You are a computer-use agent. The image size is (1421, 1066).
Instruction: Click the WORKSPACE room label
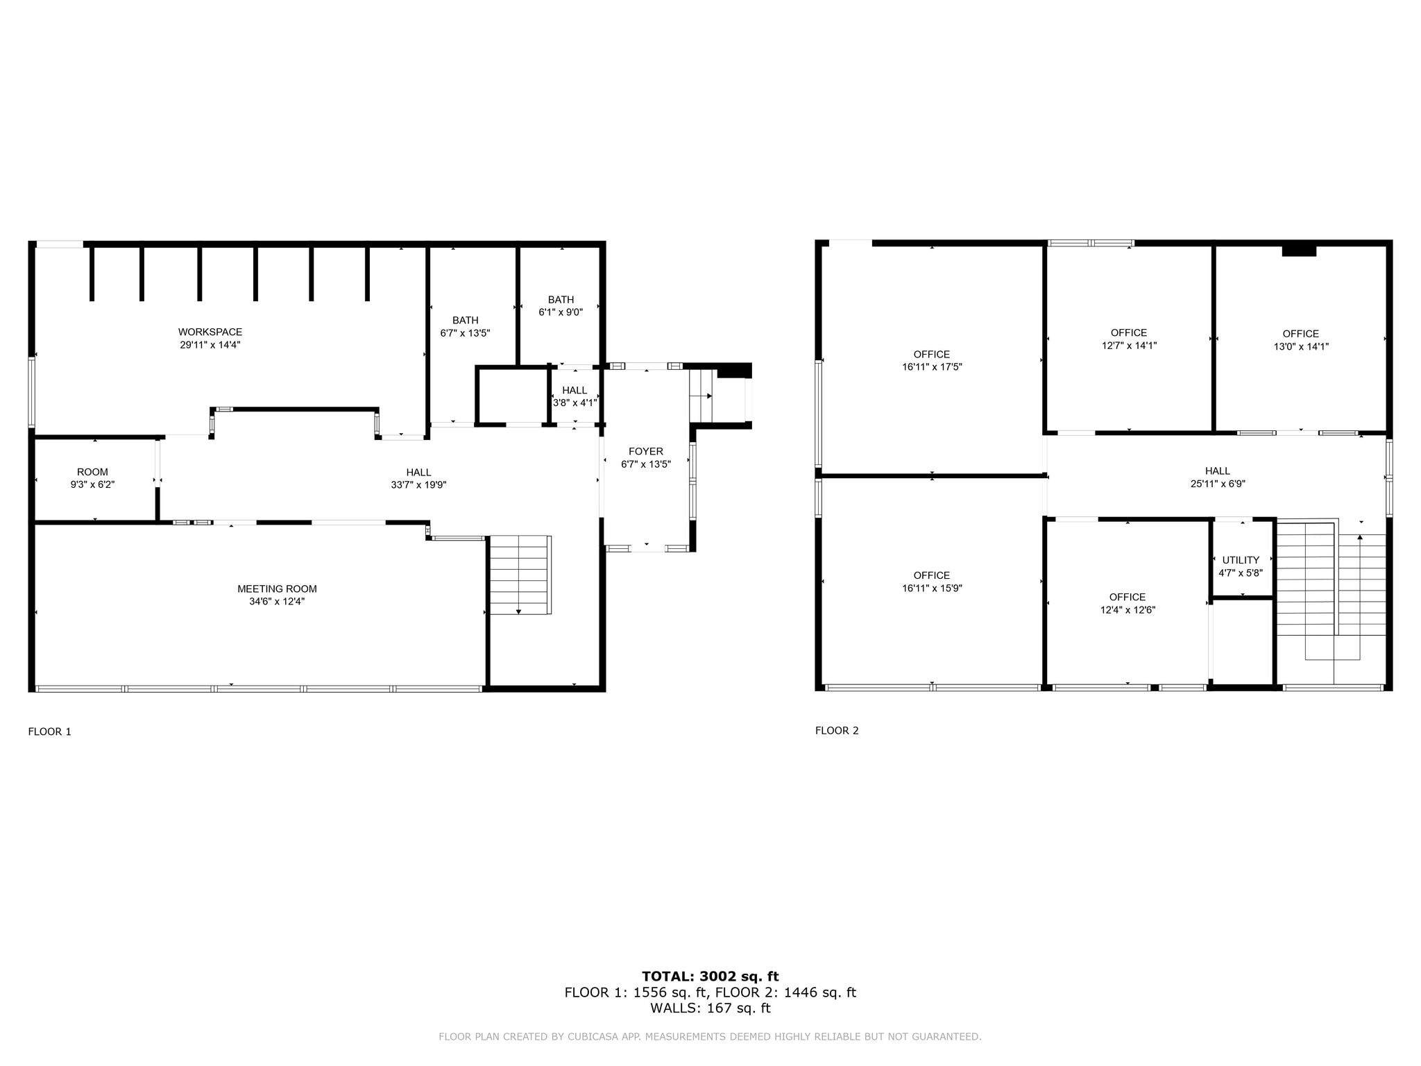(x=210, y=332)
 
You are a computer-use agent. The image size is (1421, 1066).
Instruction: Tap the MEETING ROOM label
(x=277, y=589)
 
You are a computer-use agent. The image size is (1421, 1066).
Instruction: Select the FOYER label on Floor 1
(x=645, y=452)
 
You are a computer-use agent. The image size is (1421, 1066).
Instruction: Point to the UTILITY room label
(x=1241, y=560)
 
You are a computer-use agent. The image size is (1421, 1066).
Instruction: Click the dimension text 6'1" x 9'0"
(x=561, y=312)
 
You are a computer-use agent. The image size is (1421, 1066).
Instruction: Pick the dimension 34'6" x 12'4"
(x=277, y=602)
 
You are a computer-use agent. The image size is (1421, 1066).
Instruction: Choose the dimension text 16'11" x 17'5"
(x=931, y=367)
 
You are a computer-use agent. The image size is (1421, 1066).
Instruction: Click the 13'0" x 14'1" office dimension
(x=1300, y=346)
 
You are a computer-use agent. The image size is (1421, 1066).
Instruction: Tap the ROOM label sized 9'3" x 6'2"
(x=92, y=473)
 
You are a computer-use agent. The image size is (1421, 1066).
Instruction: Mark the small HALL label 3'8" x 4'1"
(x=575, y=391)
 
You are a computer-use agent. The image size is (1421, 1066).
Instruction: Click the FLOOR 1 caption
(x=49, y=731)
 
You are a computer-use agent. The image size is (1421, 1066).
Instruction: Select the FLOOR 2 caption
(x=837, y=731)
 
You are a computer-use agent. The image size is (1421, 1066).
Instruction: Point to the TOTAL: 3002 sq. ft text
(x=710, y=976)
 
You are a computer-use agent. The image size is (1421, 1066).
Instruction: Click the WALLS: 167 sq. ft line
(x=710, y=1008)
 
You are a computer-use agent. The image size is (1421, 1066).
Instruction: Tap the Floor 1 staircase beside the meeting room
(x=520, y=575)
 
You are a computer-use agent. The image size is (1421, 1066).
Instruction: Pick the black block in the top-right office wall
(x=1299, y=251)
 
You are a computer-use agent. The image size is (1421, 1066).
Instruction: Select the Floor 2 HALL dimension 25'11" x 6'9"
(x=1218, y=484)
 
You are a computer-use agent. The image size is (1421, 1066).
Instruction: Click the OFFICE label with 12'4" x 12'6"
(x=1127, y=598)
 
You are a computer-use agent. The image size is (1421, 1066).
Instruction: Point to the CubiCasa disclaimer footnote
(x=710, y=1037)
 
